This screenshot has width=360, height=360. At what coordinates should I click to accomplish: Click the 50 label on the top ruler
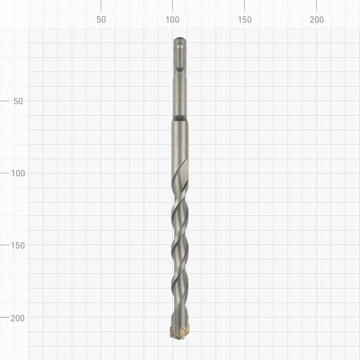(101, 20)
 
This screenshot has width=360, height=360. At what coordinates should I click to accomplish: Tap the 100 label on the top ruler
(173, 20)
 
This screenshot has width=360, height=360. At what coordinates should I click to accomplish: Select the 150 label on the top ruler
(245, 20)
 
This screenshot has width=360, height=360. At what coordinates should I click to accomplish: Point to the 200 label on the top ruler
(317, 20)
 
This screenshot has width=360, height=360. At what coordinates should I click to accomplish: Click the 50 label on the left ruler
(18, 101)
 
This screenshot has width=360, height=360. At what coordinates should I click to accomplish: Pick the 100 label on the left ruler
(18, 173)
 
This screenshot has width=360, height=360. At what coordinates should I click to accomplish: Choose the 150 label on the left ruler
(18, 245)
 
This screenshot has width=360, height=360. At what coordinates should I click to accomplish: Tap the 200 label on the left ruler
(18, 318)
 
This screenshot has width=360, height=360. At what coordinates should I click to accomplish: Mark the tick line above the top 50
(101, 5)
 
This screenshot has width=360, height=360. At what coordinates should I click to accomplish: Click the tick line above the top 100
(173, 5)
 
